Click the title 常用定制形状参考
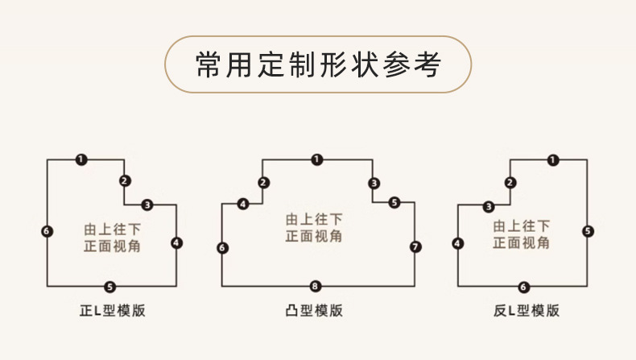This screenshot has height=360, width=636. [318, 64]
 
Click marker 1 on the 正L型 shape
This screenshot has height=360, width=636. [81, 159]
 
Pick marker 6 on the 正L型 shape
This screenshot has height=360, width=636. [47, 231]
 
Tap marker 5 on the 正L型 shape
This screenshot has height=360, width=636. [110, 286]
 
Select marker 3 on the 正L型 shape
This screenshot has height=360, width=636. [147, 204]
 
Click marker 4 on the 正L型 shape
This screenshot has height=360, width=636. [176, 242]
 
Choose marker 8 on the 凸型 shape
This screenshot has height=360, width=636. [316, 286]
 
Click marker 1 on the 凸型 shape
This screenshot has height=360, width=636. [317, 159]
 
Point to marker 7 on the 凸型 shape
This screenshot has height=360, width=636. [415, 246]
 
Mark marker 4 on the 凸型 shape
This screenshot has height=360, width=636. [243, 205]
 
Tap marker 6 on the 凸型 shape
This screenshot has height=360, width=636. [222, 247]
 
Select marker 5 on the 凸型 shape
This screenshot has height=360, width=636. [394, 202]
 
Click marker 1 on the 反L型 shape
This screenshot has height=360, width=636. [552, 159]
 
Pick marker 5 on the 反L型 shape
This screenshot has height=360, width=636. [588, 231]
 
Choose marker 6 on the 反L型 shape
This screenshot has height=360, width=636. [523, 286]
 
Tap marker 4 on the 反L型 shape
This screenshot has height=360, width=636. [458, 242]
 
